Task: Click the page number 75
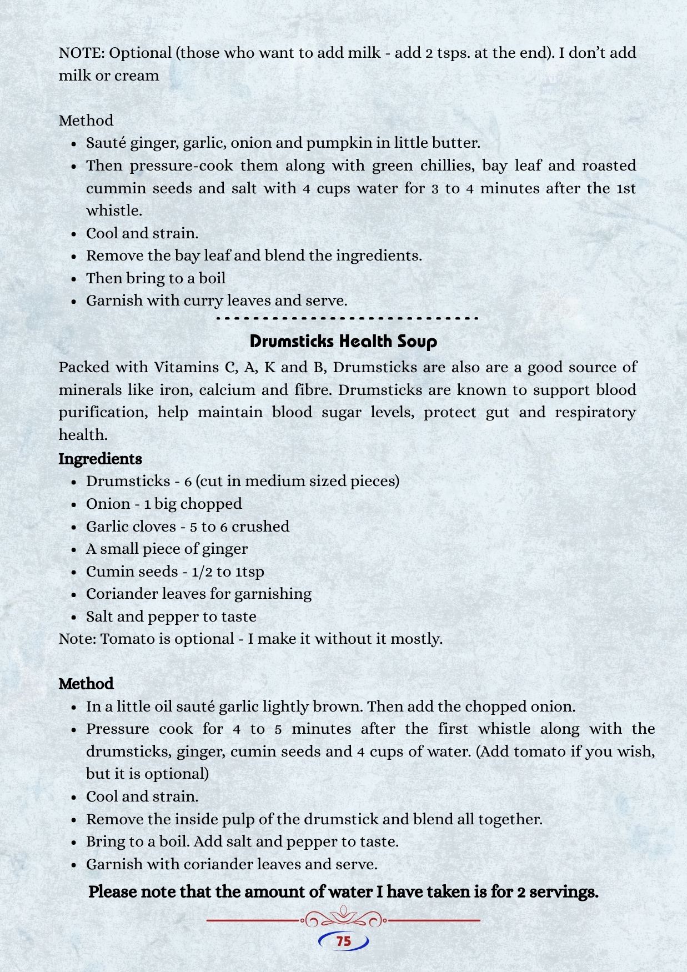click(x=344, y=941)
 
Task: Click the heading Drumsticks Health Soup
click(x=343, y=341)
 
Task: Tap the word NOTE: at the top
click(x=82, y=53)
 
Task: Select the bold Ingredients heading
click(x=100, y=459)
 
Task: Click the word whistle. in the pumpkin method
click(x=114, y=211)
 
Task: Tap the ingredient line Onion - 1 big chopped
click(x=164, y=504)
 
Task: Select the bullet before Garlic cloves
click(x=73, y=527)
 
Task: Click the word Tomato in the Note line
click(x=127, y=639)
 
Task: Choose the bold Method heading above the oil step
click(x=86, y=684)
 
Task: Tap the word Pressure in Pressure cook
click(x=118, y=729)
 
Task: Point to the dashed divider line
click(x=347, y=319)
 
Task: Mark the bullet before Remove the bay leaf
click(x=73, y=257)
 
